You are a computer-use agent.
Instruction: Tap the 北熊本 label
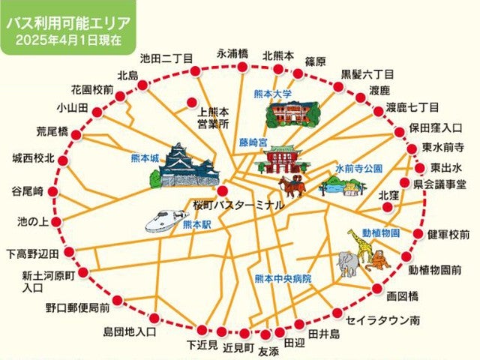[x=277, y=55]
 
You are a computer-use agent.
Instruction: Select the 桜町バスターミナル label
[x=238, y=205]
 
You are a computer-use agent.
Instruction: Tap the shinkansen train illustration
[x=166, y=220]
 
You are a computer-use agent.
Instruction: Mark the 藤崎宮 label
[x=253, y=141]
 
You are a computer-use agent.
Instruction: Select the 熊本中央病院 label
[x=282, y=278]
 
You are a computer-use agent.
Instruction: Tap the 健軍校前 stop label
[x=448, y=235]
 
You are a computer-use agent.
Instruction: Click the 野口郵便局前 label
[x=77, y=307]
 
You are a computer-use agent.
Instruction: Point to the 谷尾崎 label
[x=28, y=190]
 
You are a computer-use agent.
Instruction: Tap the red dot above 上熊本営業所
[x=192, y=103]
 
